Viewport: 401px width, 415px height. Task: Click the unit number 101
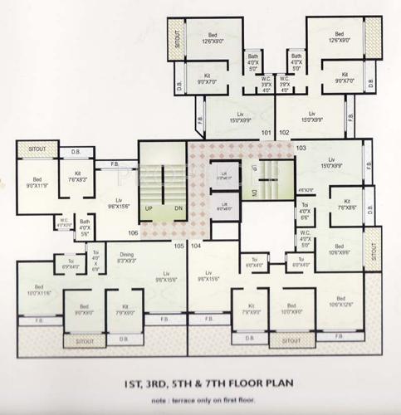point(266,132)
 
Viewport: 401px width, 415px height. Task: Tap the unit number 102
point(284,132)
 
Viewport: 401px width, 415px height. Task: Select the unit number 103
point(301,147)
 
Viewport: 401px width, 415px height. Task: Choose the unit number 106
point(132,233)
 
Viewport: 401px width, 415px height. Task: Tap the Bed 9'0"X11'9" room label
point(37,182)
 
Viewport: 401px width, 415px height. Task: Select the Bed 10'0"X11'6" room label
point(39,291)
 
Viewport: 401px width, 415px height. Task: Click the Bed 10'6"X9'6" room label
point(340,249)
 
